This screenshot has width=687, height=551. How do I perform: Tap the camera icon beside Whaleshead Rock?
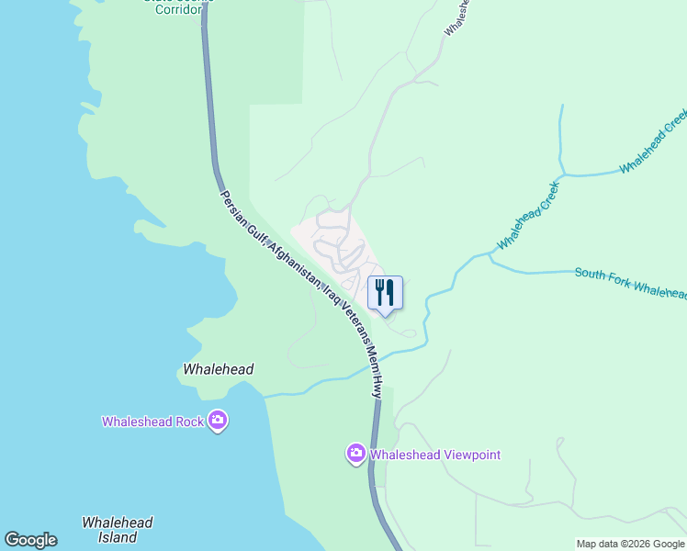218,421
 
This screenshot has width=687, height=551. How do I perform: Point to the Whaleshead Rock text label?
152,422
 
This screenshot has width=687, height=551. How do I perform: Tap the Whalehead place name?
219,369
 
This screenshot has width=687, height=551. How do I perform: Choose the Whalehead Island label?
118,530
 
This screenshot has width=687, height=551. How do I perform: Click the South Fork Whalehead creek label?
630,281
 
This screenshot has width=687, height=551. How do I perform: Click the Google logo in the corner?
30,540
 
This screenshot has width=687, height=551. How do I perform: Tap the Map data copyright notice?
631,544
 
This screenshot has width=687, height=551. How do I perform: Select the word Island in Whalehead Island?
118,538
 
